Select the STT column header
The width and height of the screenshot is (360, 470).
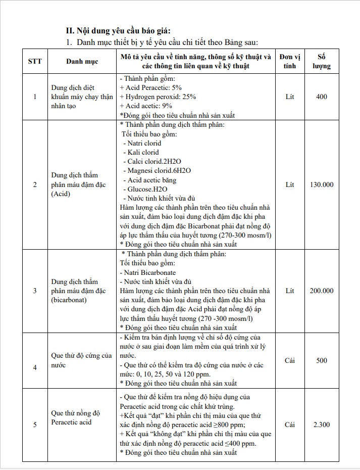35,61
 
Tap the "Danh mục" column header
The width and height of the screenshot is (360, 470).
82,61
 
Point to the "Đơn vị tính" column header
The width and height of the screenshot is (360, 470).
290,61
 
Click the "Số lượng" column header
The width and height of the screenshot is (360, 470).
321,61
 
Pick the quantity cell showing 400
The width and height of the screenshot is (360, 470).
321,97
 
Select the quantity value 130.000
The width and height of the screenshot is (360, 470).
322,184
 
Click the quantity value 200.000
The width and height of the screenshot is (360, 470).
322,291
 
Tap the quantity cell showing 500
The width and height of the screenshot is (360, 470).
321,360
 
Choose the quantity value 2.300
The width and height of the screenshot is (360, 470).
321,425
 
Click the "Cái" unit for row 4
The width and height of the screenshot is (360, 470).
290,360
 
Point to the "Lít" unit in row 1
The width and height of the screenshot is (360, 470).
290,97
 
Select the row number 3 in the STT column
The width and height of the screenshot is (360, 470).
35,291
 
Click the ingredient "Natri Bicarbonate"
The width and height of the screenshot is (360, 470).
149,272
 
